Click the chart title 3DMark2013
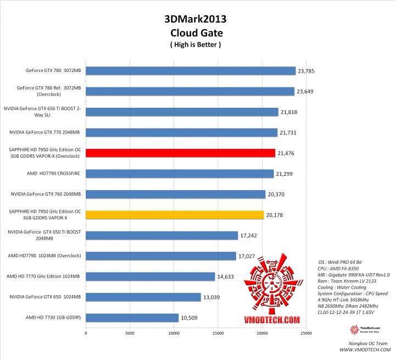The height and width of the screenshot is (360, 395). click(x=195, y=19)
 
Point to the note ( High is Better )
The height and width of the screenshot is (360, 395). click(x=195, y=45)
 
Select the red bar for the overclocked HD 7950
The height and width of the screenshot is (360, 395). click(x=180, y=153)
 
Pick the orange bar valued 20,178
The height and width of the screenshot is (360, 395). click(x=175, y=215)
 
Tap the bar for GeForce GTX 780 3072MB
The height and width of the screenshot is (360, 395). click(x=191, y=70)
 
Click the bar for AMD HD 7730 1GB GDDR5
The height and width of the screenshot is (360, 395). click(x=132, y=318)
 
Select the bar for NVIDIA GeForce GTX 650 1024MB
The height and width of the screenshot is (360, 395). click(x=143, y=297)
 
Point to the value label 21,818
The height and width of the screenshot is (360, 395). click(x=289, y=112)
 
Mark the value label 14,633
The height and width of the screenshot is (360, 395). click(x=226, y=277)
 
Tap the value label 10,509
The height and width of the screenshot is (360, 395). click(x=190, y=318)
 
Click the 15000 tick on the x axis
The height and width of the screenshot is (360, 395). click(x=218, y=333)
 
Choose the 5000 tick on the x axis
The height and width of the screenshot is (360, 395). click(x=130, y=333)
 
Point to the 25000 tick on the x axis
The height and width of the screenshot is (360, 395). click(x=305, y=333)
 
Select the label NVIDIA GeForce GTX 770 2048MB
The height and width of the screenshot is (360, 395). click(x=45, y=132)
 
